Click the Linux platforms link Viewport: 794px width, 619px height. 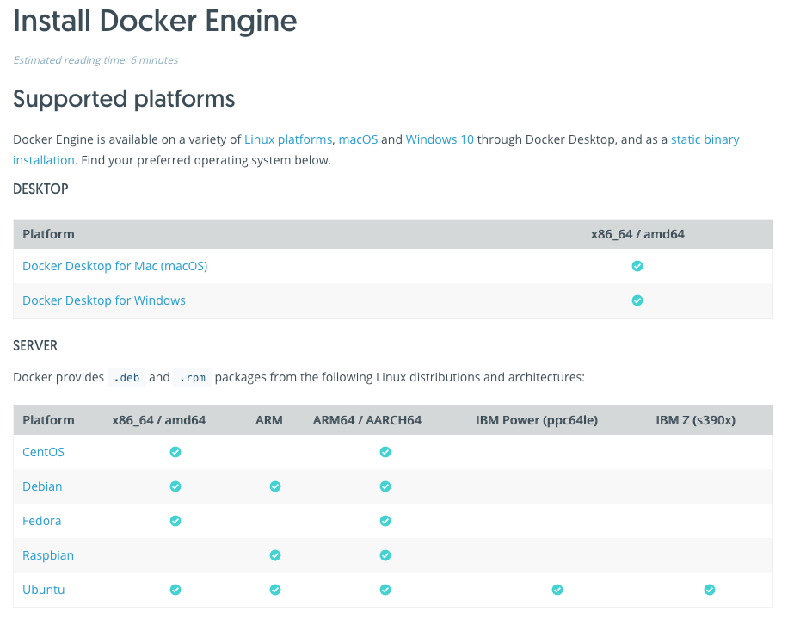[288, 139]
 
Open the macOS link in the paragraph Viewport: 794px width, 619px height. [358, 139]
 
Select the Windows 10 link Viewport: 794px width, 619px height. [440, 139]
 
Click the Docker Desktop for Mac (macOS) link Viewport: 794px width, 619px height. [115, 266]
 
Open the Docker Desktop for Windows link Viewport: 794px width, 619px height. [104, 300]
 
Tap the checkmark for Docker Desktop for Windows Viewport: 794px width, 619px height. [637, 300]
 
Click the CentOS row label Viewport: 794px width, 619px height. [44, 452]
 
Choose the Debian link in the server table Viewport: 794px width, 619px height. [42, 486]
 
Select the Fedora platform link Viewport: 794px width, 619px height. [41, 521]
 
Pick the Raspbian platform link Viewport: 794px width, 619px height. [48, 555]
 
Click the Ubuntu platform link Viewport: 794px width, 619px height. [44, 590]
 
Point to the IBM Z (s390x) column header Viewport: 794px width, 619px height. [695, 420]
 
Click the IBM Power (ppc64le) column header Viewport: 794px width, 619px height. [537, 420]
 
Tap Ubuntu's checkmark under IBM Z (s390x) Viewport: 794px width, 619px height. [710, 590]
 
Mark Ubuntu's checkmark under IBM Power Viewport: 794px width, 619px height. [557, 590]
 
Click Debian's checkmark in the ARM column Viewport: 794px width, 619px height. [275, 486]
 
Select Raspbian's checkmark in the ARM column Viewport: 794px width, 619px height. [275, 555]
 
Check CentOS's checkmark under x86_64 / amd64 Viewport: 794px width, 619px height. [175, 452]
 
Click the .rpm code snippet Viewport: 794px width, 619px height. [193, 378]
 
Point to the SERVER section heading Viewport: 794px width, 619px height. [35, 346]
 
